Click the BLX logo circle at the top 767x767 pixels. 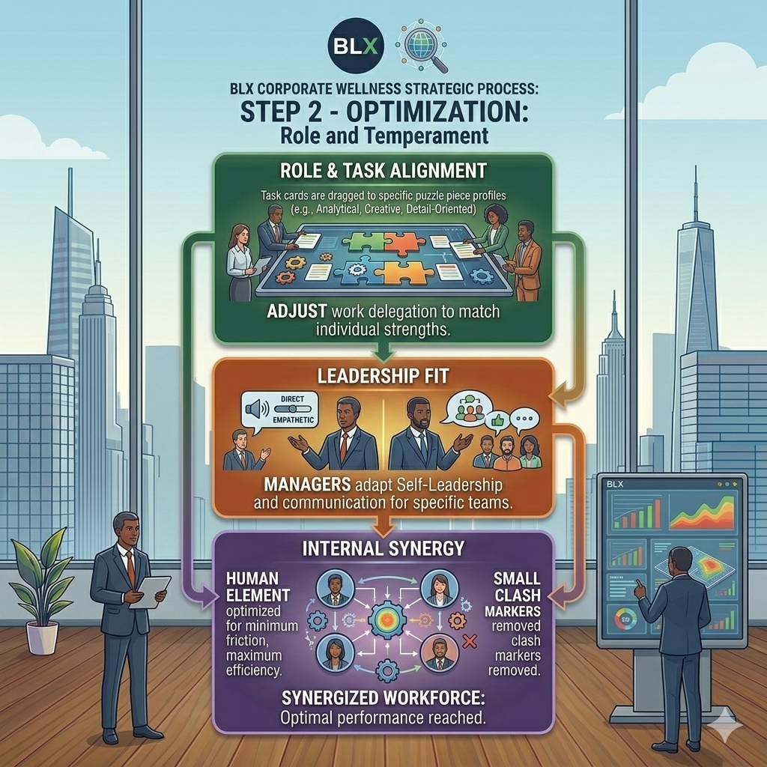(x=356, y=46)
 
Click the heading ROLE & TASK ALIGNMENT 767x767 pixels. (x=383, y=170)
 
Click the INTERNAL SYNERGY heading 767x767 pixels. (x=383, y=548)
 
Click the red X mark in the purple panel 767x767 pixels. (x=470, y=640)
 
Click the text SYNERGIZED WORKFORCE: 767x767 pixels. (x=383, y=698)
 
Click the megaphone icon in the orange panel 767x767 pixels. (x=255, y=409)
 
